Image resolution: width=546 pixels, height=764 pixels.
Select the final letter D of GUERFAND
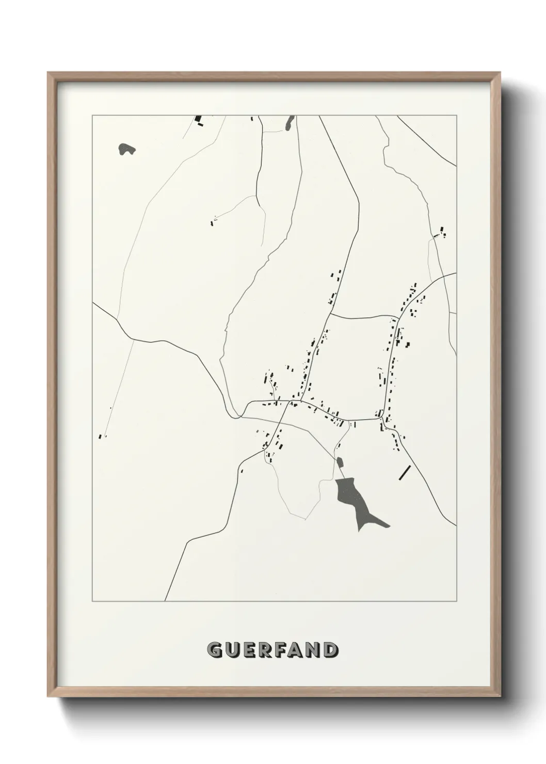(331, 650)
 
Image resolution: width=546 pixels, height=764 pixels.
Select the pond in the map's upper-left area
(126, 149)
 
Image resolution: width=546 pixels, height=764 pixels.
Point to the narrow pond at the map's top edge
(290, 123)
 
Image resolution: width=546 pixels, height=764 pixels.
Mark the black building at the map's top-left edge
(198, 119)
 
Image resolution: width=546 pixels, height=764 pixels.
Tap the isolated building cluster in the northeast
(441, 232)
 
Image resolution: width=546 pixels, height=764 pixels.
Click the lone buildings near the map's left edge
(101, 436)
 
